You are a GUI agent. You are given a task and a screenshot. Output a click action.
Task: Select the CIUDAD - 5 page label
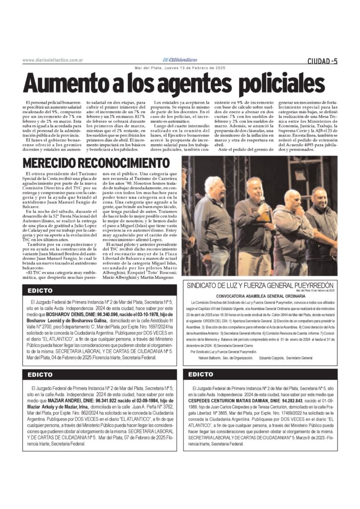[322, 61]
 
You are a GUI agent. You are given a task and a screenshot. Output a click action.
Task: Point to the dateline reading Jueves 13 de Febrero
[180, 68]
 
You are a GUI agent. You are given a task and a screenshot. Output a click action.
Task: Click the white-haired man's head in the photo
[214, 185]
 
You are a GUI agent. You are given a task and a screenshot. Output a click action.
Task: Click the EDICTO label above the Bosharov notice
[40, 291]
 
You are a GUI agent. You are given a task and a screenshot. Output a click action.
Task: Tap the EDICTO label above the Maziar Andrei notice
[40, 374]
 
